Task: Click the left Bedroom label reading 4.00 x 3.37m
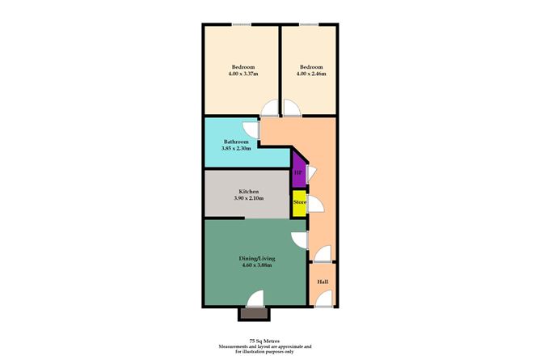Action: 243,74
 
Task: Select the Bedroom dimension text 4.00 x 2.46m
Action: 311,74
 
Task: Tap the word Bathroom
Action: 237,142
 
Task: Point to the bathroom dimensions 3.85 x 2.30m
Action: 237,149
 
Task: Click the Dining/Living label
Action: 255,256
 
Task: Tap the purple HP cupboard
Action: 298,172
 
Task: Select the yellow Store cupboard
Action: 299,201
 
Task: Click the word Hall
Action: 323,282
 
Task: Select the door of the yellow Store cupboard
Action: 314,204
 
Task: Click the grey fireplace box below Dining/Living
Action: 252,312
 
